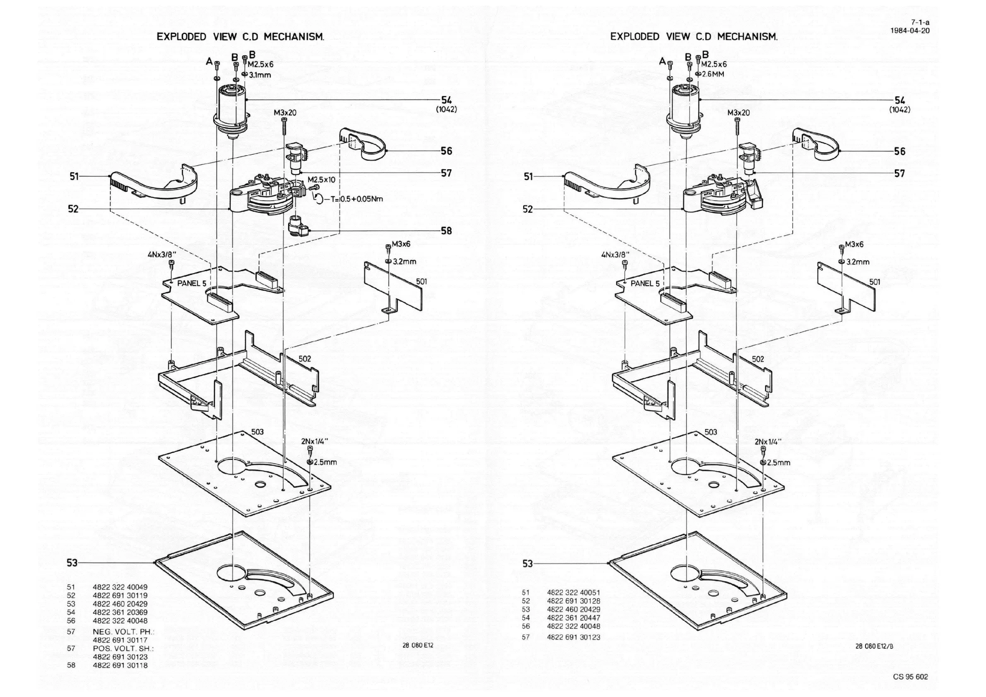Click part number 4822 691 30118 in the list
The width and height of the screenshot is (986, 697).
(x=120, y=665)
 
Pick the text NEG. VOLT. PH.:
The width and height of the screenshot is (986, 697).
(x=124, y=632)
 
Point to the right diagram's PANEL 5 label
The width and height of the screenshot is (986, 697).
(x=645, y=284)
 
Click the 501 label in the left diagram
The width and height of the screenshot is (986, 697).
(x=421, y=281)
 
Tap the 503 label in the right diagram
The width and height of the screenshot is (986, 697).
(x=711, y=432)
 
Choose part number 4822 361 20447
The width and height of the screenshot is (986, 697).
(x=574, y=618)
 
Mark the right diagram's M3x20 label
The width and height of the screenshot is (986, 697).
(x=739, y=113)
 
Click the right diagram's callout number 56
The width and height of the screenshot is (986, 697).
(x=900, y=151)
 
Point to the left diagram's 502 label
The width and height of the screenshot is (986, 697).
(x=304, y=358)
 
